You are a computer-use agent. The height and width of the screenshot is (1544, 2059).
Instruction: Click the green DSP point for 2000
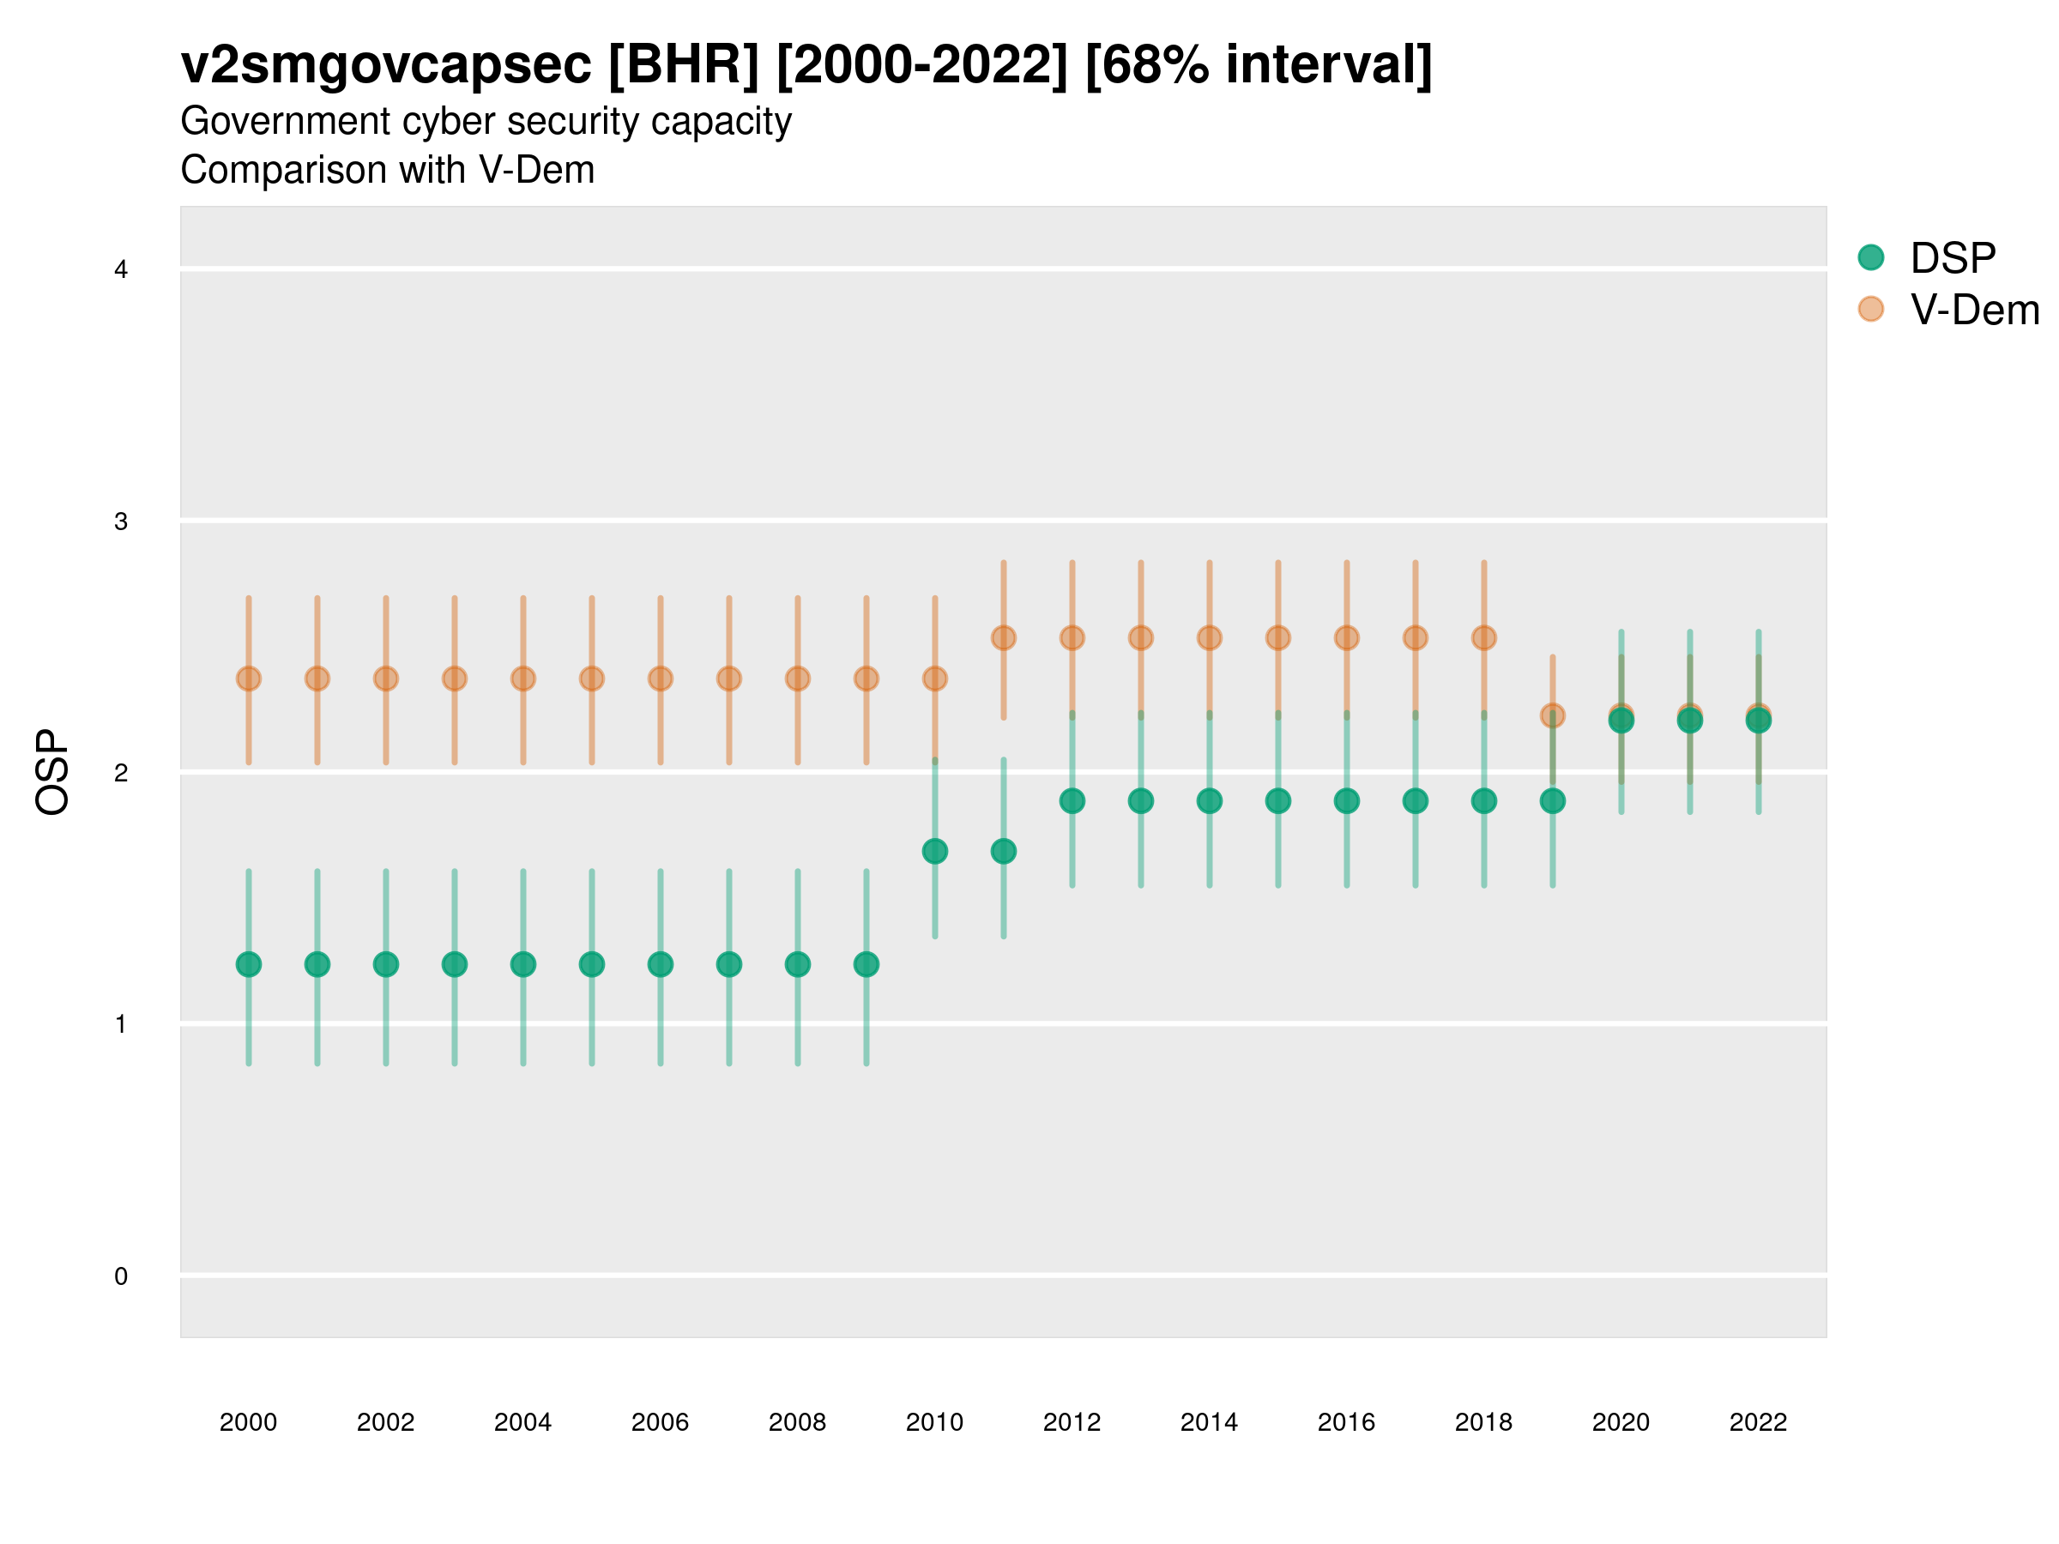[249, 964]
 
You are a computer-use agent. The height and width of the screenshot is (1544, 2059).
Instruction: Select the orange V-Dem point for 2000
[249, 679]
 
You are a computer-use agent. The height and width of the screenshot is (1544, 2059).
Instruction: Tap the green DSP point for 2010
[934, 851]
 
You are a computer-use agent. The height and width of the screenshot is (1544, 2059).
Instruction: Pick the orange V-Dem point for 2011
[1004, 637]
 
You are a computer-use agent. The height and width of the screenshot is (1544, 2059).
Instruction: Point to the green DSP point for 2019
[1553, 800]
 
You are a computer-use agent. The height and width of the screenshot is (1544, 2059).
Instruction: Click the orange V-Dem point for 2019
[1553, 715]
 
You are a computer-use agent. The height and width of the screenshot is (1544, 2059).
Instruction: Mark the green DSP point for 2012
[1072, 800]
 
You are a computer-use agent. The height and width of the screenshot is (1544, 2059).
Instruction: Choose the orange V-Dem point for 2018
[1483, 637]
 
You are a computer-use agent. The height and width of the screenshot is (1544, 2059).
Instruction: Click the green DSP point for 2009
[866, 964]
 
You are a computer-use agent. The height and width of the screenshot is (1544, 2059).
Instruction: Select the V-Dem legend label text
[1974, 310]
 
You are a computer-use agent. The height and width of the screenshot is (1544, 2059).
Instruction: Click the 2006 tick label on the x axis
[660, 1422]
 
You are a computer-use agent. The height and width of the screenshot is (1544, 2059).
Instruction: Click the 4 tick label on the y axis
[121, 270]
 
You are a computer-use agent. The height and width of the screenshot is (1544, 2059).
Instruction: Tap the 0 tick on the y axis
[121, 1276]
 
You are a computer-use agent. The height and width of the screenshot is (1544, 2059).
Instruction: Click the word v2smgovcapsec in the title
[385, 65]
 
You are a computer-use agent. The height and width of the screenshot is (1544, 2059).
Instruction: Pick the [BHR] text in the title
[683, 65]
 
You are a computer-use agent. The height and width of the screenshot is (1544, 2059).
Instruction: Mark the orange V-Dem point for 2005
[592, 679]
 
